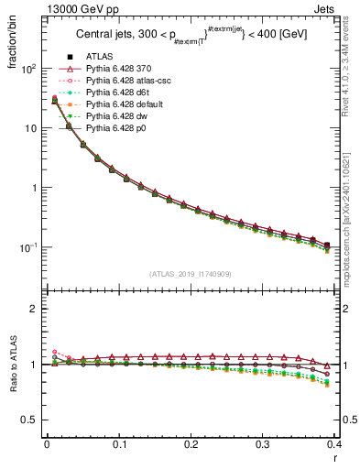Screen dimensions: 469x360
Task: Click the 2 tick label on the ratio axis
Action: [36, 309]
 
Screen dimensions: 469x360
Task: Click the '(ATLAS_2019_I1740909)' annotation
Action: [188, 273]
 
